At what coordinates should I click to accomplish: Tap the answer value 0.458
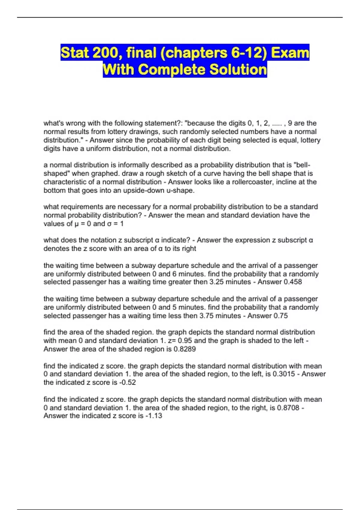pos(292,282)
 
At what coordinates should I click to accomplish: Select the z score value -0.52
pos(127,382)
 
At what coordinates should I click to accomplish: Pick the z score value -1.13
pos(154,416)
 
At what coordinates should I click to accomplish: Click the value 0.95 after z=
pos(185,341)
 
